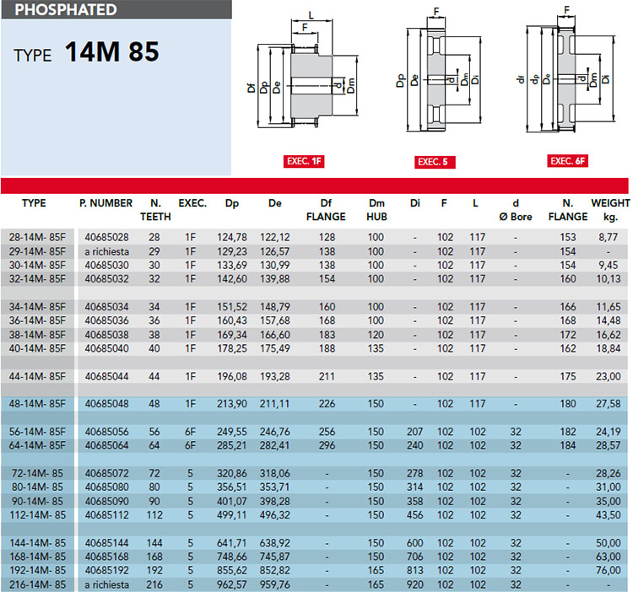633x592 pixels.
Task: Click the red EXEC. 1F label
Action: click(x=304, y=161)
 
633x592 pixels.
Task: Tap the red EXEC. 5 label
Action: click(x=435, y=162)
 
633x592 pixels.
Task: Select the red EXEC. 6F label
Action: click(x=567, y=161)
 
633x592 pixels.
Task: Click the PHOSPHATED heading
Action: click(x=66, y=9)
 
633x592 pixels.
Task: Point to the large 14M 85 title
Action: click(x=111, y=51)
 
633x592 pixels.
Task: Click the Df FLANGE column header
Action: click(x=326, y=210)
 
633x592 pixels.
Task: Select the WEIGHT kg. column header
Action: click(x=610, y=210)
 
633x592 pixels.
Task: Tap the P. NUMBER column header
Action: click(x=105, y=203)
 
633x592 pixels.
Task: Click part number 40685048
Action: click(x=106, y=404)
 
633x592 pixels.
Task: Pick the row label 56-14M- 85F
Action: click(x=37, y=432)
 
